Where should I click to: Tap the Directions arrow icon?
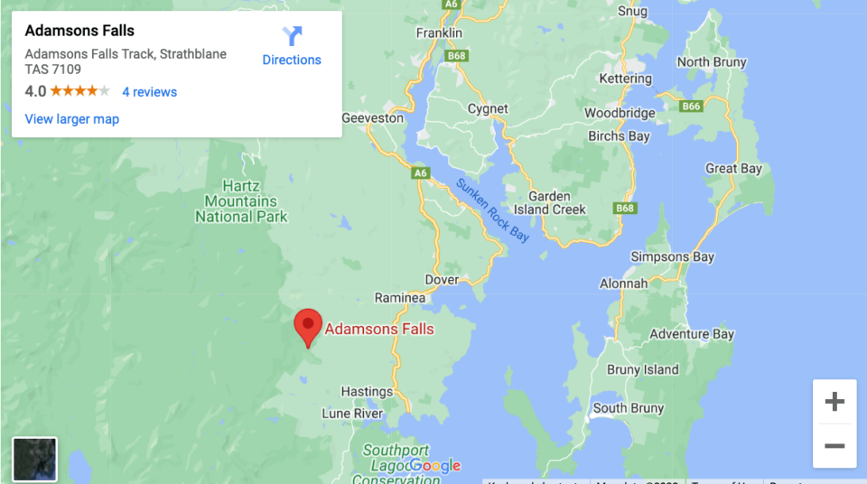pyautogui.click(x=292, y=37)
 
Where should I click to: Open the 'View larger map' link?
pyautogui.click(x=72, y=119)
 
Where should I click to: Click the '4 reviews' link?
pyautogui.click(x=149, y=92)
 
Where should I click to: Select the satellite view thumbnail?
pyautogui.click(x=35, y=459)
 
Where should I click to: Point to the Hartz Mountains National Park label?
pyautogui.click(x=241, y=201)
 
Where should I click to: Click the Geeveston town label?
pyautogui.click(x=373, y=118)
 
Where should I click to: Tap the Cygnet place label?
pyautogui.click(x=488, y=109)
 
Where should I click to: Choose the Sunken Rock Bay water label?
pyautogui.click(x=492, y=209)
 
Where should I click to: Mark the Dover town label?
pyautogui.click(x=442, y=280)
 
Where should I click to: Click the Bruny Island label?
pyautogui.click(x=642, y=369)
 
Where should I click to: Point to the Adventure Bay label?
pyautogui.click(x=692, y=334)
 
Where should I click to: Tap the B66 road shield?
pyautogui.click(x=691, y=107)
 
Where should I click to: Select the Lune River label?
pyautogui.click(x=352, y=414)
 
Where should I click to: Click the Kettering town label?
pyautogui.click(x=625, y=79)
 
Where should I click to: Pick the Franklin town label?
pyautogui.click(x=439, y=33)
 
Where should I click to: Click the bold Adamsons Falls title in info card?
pyautogui.click(x=79, y=31)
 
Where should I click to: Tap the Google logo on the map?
pyautogui.click(x=433, y=466)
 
